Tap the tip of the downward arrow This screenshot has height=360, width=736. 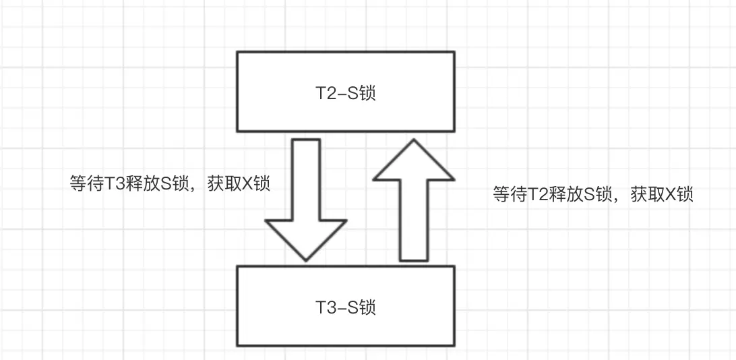306,258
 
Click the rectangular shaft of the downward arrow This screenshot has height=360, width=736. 306,179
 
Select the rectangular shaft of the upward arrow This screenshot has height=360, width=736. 413,219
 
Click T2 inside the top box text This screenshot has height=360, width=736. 325,93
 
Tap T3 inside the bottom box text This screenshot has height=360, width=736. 325,308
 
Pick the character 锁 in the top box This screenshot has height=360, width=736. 367,93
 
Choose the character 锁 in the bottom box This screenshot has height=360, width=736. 367,308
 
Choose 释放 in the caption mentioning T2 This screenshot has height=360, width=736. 563,195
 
